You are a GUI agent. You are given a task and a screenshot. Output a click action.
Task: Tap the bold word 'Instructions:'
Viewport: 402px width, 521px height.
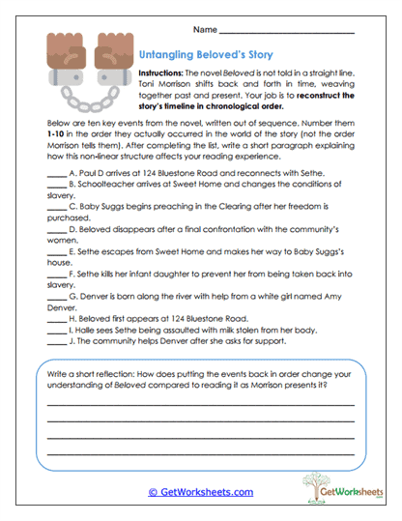(163, 74)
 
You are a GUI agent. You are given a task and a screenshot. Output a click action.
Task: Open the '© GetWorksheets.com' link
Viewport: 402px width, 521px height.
(201, 491)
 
